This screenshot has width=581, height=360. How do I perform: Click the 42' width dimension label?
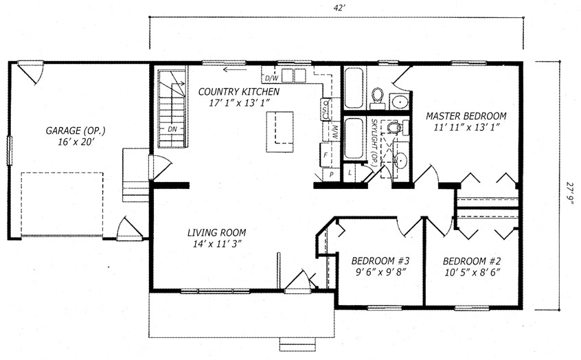(337, 9)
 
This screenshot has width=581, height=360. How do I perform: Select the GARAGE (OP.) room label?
(76, 131)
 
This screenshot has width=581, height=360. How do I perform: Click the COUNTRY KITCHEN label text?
(238, 91)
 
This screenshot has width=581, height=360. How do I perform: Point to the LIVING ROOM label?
(216, 233)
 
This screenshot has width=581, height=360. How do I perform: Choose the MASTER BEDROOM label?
(466, 116)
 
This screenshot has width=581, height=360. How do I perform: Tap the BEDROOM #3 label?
(380, 261)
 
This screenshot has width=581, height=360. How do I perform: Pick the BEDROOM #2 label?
(472, 261)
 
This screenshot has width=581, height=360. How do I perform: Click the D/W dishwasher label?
(271, 78)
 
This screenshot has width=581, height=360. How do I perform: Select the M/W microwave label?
(334, 132)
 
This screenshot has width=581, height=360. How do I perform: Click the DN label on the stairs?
(172, 129)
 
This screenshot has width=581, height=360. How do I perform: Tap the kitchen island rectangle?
(280, 132)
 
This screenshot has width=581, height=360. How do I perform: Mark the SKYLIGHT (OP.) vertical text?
(374, 142)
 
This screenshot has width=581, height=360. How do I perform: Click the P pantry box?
(332, 175)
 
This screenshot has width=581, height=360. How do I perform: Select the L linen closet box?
(350, 172)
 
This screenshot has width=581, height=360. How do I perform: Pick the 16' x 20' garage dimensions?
(75, 142)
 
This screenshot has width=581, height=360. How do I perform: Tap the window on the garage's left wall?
(10, 150)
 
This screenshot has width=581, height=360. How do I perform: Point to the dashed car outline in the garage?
(62, 204)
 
